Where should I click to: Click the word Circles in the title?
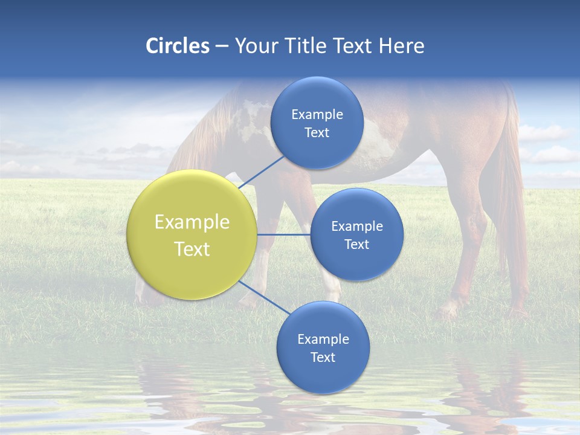click(177, 46)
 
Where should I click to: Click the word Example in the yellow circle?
click(192, 222)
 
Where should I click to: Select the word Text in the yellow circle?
click(192, 249)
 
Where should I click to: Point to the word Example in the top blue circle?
click(317, 115)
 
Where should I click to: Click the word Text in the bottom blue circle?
click(323, 358)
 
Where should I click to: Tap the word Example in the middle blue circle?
click(356, 227)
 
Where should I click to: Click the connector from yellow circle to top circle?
click(262, 172)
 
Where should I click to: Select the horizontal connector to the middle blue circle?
click(283, 234)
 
